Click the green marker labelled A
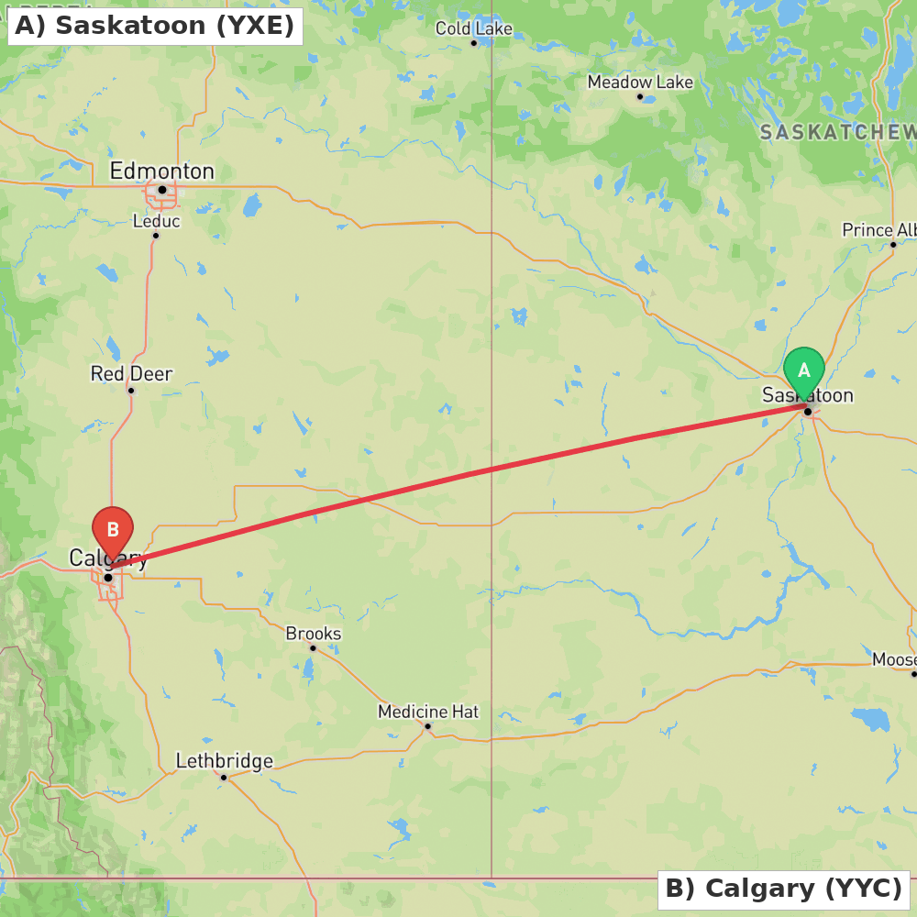tap(804, 370)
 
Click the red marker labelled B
tap(113, 530)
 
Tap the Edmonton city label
tap(161, 171)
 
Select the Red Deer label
tap(131, 373)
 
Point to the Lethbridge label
tap(224, 760)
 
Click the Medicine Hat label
tap(428, 711)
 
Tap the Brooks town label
tap(314, 633)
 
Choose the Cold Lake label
tap(473, 28)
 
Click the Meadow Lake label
tap(640, 82)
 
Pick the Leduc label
tap(156, 221)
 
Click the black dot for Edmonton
tap(162, 190)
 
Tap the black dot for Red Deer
tap(131, 391)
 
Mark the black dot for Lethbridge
tap(224, 778)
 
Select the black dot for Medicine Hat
tap(427, 726)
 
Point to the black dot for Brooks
tap(313, 648)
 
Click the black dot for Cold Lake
tap(474, 43)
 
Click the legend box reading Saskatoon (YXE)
tap(155, 26)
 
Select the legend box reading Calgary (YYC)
tap(783, 889)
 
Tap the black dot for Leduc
tap(156, 236)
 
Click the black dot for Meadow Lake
tap(640, 96)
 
